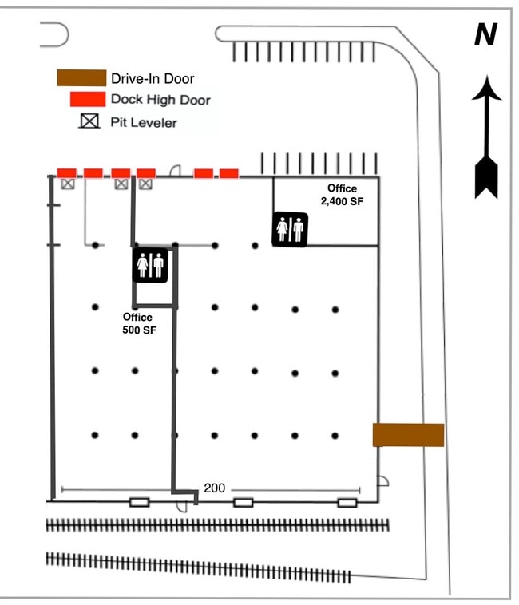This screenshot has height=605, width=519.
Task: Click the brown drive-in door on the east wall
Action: click(408, 435)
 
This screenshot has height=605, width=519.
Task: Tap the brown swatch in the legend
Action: click(81, 78)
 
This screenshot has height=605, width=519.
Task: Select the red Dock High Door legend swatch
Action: click(88, 100)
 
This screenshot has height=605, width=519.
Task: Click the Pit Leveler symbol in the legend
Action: click(88, 122)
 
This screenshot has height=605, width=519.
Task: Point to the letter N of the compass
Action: click(485, 34)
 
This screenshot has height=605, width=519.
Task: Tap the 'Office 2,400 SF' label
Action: click(342, 195)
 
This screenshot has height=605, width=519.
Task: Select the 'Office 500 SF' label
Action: click(137, 323)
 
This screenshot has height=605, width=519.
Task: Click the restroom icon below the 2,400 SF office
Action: click(290, 229)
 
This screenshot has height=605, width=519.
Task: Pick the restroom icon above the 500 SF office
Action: click(149, 264)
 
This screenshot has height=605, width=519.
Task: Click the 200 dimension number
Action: click(214, 488)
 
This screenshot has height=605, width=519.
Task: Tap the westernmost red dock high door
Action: click(66, 172)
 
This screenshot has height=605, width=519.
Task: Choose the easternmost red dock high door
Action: click(229, 172)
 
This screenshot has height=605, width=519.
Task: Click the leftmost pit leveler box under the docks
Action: click(68, 184)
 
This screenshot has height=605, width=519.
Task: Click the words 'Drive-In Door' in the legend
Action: click(153, 78)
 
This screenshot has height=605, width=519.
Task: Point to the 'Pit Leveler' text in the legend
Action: click(144, 122)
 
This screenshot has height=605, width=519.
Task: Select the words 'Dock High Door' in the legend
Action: click(160, 100)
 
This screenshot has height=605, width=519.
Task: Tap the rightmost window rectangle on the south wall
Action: click(347, 502)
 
